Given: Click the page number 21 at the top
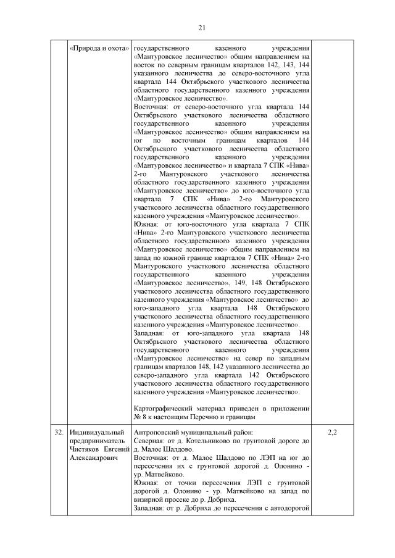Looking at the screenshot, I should pyautogui.click(x=201, y=27).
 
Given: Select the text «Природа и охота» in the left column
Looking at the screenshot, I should pyautogui.click(x=98, y=48).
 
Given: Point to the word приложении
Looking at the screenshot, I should pyautogui.click(x=288, y=408).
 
